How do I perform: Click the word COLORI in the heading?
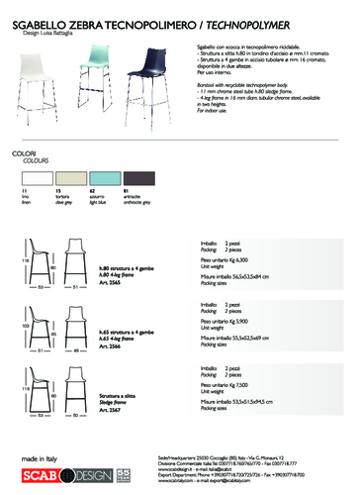(x=23, y=127)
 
